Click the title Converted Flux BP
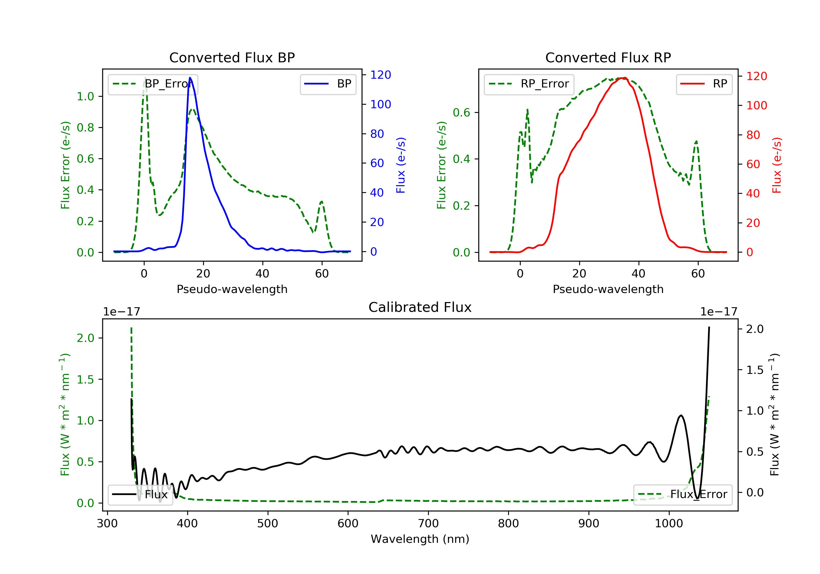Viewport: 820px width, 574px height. [232, 57]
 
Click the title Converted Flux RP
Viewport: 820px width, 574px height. [608, 57]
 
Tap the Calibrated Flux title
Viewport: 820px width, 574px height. [420, 307]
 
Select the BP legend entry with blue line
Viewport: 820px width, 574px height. [328, 84]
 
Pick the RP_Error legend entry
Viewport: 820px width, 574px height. [529, 84]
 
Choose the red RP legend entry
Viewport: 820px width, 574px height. [704, 84]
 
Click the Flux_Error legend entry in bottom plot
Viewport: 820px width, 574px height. [683, 494]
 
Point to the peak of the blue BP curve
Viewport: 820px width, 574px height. [190, 78]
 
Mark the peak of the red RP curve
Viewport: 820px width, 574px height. [623, 78]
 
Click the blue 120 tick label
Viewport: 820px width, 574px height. [381, 75]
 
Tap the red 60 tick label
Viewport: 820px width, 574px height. [753, 164]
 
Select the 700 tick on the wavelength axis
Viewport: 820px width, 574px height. [428, 524]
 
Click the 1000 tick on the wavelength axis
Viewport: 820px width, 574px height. [669, 524]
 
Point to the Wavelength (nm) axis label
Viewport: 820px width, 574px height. [420, 539]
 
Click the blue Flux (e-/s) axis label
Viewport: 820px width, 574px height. [401, 165]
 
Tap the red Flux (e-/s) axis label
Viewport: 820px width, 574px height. [777, 165]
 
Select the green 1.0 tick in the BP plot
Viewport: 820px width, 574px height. [85, 96]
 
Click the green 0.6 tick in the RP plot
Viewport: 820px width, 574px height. [461, 113]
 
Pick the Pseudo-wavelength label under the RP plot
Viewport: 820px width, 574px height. [608, 289]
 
